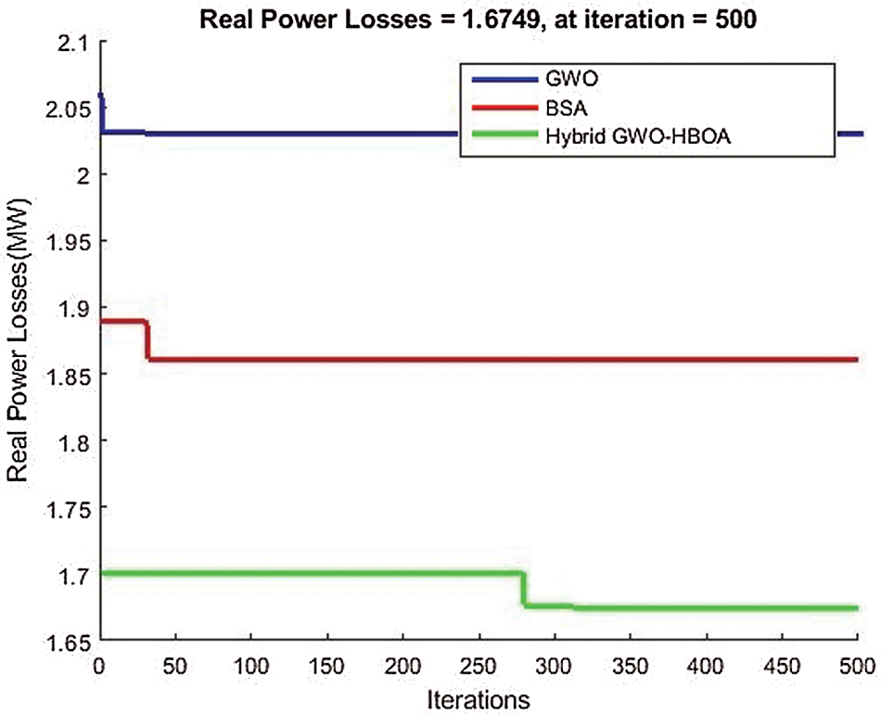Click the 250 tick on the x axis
[479, 665]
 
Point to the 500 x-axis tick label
[857, 665]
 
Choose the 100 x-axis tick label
[251, 665]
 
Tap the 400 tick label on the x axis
[706, 665]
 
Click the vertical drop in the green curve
[524, 590]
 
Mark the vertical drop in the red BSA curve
[147, 340]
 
